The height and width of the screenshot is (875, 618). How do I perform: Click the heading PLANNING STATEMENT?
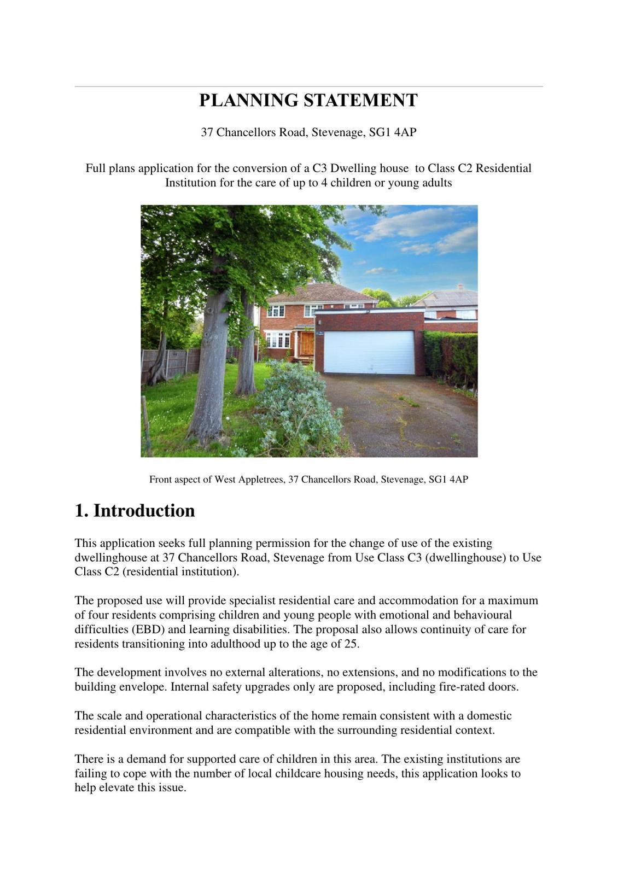pos(308,101)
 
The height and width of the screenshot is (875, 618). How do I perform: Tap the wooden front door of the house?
pos(307,343)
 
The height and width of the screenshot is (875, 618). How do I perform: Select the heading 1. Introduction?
pos(135,510)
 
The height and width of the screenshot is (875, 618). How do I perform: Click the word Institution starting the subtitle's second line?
pos(191,183)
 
